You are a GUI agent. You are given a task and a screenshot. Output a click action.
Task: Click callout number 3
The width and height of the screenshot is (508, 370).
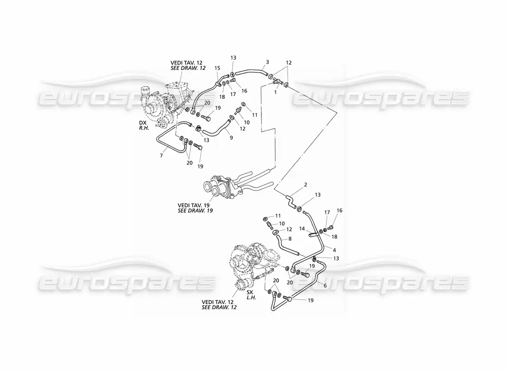[x=267, y=62]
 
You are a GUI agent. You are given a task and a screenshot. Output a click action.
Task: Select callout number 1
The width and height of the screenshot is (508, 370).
[x=275, y=92]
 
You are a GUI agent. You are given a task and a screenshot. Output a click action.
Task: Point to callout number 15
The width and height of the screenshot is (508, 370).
[x=217, y=68]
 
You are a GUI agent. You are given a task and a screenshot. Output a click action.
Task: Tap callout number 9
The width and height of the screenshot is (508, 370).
[x=231, y=137]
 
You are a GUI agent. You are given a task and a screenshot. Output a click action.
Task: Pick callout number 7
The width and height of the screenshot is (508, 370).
[x=161, y=156]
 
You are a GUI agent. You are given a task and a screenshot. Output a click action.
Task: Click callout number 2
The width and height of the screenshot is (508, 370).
[x=306, y=185]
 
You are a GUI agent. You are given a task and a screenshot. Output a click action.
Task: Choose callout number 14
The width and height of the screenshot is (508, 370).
[x=302, y=228]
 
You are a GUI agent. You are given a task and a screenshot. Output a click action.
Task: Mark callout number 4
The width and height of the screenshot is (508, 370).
[x=334, y=250]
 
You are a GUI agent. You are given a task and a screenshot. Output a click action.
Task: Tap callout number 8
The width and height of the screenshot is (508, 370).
[x=290, y=239]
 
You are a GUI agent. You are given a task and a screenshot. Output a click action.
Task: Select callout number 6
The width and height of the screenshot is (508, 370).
[x=325, y=286]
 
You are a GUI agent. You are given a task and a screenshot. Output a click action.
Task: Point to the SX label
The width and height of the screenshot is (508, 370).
[x=250, y=292]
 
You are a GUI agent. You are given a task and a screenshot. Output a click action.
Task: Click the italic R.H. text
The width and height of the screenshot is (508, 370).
[x=144, y=128]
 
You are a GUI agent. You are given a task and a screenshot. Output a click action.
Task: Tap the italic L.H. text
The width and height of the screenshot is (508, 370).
[x=251, y=297]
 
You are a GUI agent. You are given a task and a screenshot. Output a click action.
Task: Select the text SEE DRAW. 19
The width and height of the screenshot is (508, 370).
[x=195, y=210]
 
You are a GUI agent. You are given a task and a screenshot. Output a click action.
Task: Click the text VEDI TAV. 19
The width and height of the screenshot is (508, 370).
[x=194, y=205]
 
